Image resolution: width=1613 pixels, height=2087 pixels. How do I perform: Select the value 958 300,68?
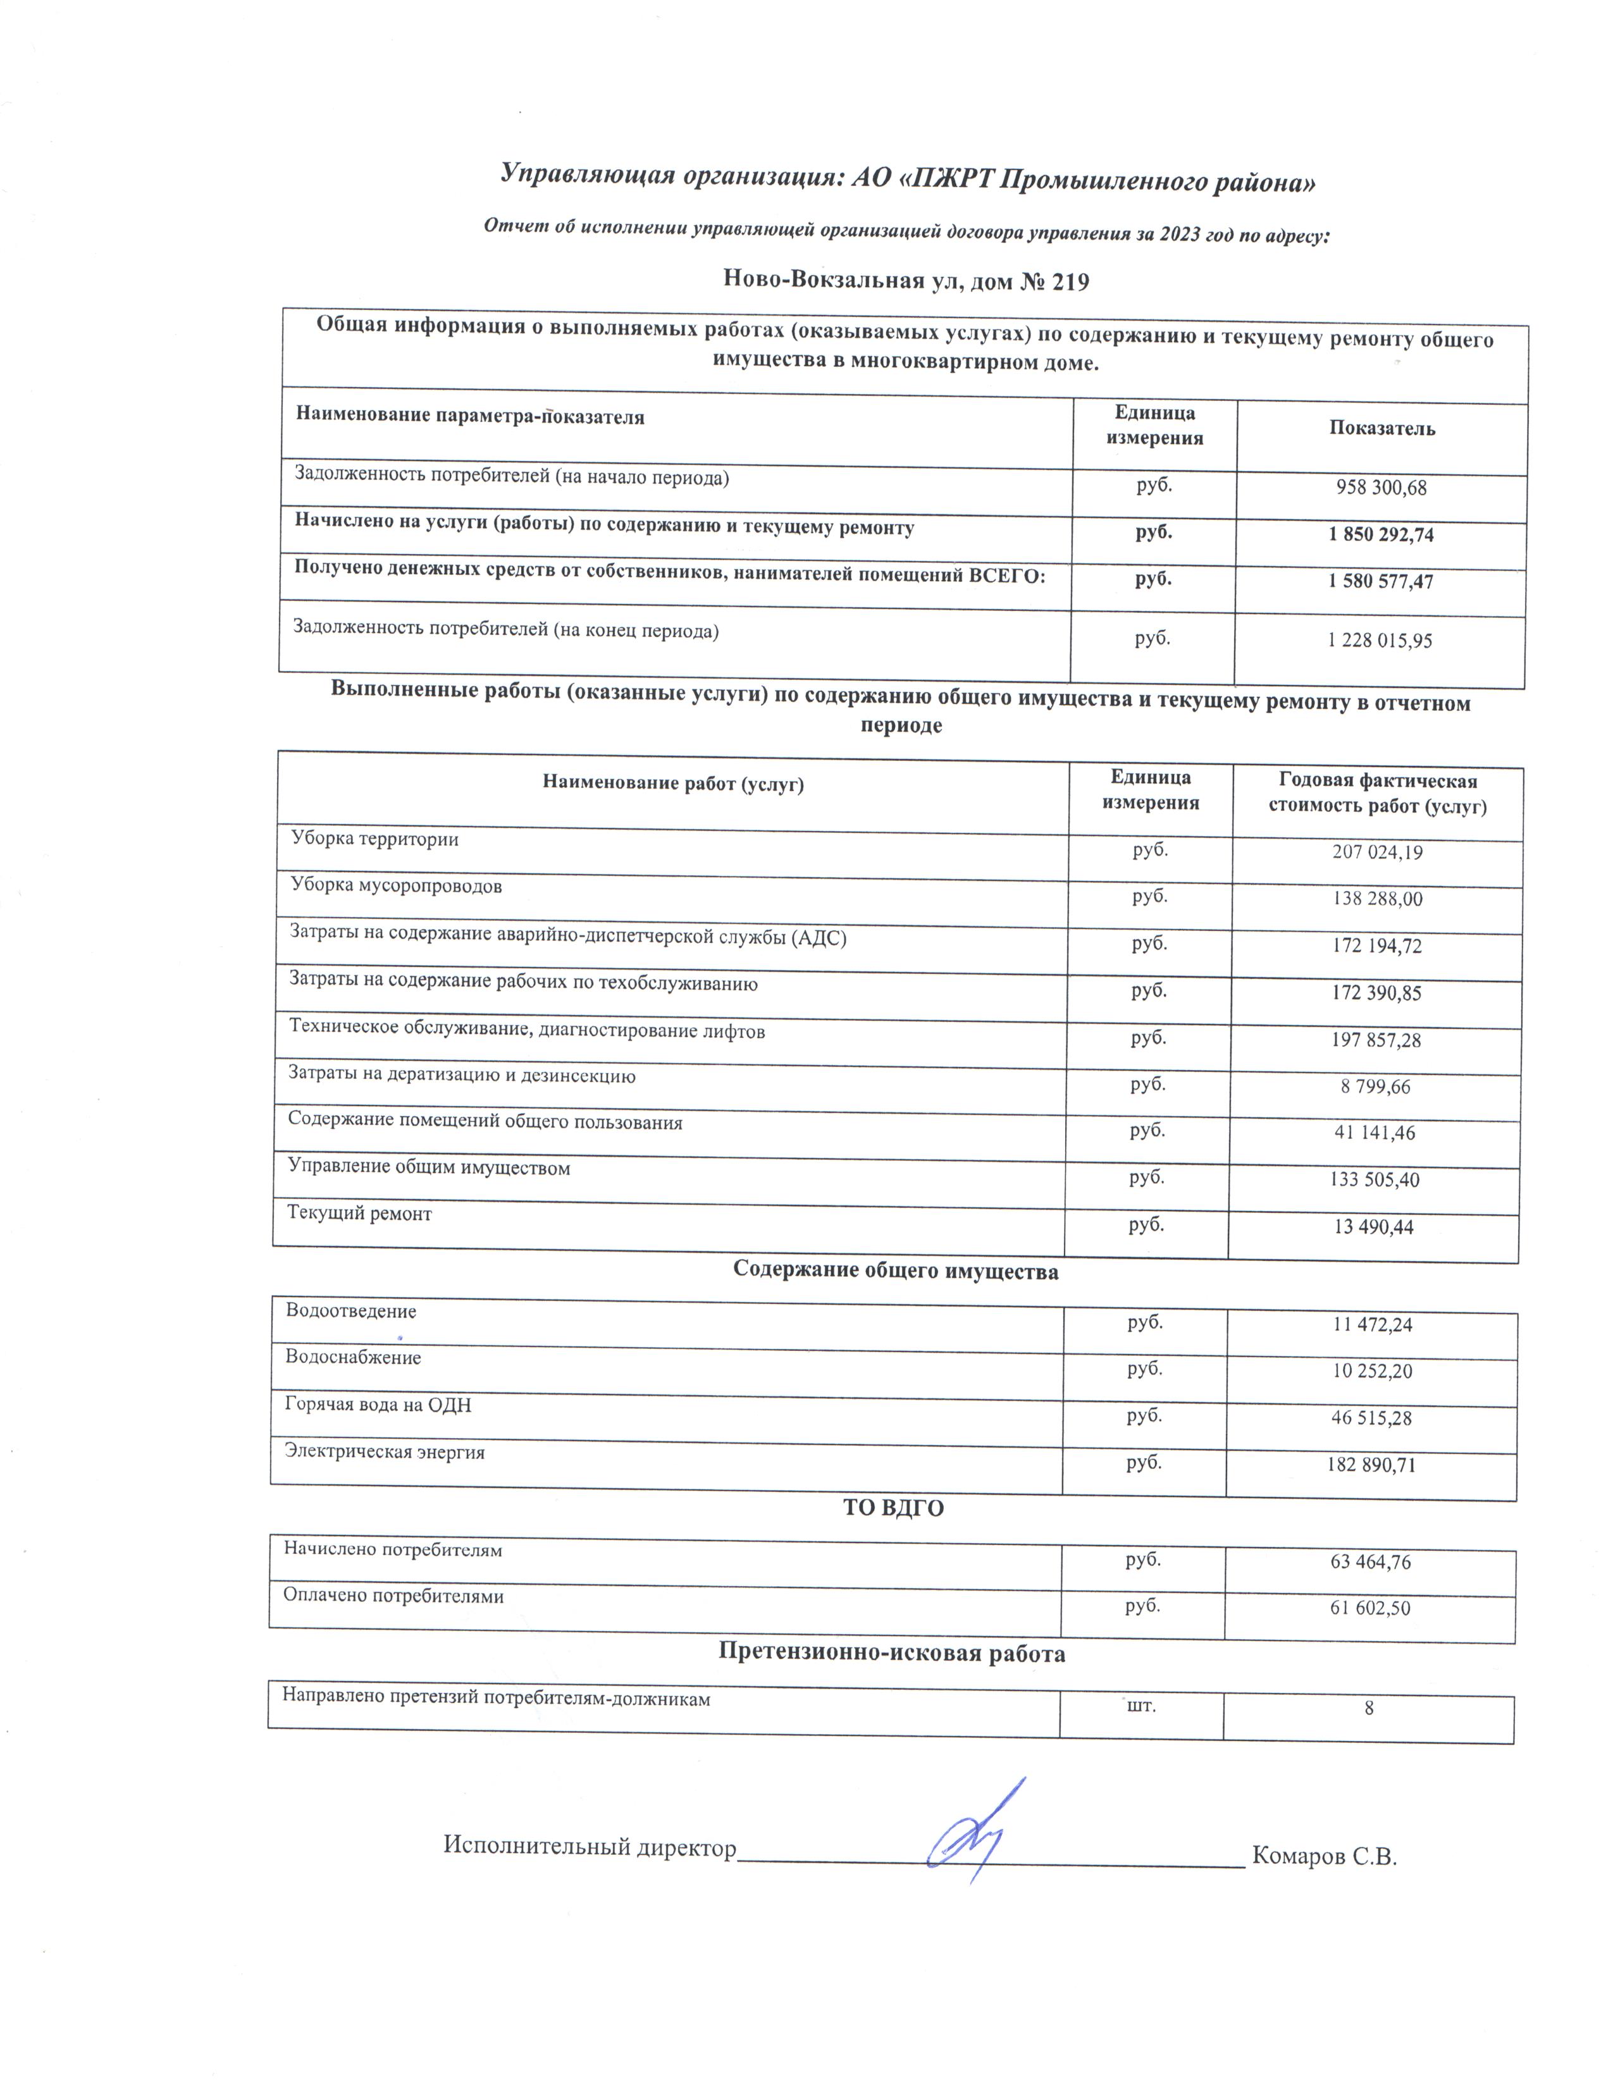1381,488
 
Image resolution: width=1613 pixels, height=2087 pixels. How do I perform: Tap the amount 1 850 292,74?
1381,535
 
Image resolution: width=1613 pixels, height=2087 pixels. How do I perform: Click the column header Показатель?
1381,429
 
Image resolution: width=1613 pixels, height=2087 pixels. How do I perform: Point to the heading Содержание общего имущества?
895,1271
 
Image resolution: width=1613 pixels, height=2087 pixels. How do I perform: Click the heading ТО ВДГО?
893,1508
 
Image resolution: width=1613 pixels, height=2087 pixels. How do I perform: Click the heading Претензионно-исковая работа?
891,1653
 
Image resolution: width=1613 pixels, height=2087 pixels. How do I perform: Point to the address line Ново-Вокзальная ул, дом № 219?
906,281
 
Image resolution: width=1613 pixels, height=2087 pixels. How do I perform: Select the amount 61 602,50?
1370,1608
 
